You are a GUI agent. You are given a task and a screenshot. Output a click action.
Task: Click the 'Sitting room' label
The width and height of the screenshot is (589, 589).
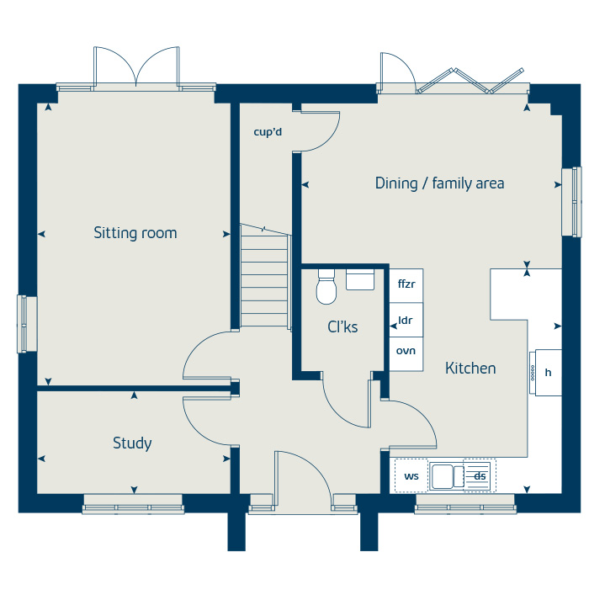pyautogui.click(x=135, y=233)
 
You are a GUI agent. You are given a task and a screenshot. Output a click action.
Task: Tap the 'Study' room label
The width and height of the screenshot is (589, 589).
pyautogui.click(x=132, y=443)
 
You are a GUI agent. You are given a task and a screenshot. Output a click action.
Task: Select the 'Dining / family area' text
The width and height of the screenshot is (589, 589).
pyautogui.click(x=439, y=183)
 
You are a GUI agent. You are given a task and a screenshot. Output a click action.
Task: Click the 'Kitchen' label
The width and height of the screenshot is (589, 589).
pyautogui.click(x=470, y=368)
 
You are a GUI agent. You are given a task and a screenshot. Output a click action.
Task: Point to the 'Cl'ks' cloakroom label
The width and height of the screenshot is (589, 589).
pyautogui.click(x=342, y=326)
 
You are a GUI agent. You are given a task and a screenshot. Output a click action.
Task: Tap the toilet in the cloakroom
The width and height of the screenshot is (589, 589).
pyautogui.click(x=326, y=289)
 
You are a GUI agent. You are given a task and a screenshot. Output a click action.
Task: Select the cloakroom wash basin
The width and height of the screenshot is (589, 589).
pyautogui.click(x=360, y=279)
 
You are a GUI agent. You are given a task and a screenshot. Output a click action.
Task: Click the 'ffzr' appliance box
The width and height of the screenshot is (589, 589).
pyautogui.click(x=406, y=284)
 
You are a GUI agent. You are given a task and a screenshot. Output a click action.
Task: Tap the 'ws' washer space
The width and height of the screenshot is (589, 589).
pyautogui.click(x=411, y=476)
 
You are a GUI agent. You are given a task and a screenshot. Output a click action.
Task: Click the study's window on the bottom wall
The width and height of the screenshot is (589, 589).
pyautogui.click(x=133, y=507)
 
